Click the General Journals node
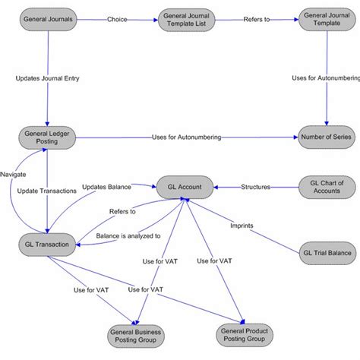click(47, 18)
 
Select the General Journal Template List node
click(187, 19)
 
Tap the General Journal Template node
click(326, 19)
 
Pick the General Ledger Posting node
click(47, 138)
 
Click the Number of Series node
click(326, 138)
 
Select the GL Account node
click(185, 186)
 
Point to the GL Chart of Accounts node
click(327, 187)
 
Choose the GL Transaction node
click(47, 244)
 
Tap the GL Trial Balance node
click(327, 253)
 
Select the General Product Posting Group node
click(244, 335)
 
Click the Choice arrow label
click(117, 18)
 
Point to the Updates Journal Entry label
click(47, 77)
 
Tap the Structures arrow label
click(256, 186)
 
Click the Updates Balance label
click(106, 186)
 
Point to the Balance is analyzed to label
click(128, 236)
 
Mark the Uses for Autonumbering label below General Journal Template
click(326, 77)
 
